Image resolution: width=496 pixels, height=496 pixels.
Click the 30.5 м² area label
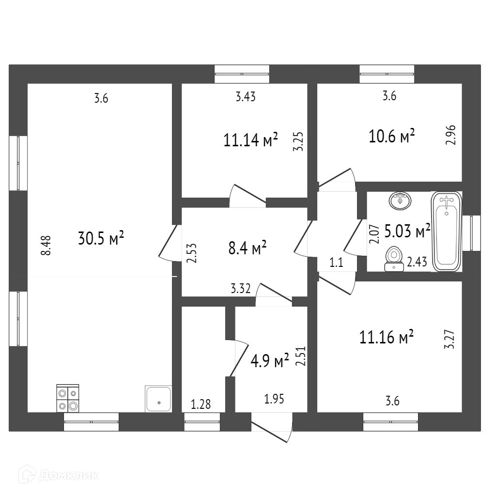[101, 238]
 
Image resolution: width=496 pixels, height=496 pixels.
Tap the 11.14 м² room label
[250, 140]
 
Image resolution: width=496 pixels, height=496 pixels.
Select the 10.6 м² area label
[391, 136]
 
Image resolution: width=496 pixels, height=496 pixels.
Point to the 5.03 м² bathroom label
[407, 231]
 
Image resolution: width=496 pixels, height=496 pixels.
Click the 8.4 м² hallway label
[248, 248]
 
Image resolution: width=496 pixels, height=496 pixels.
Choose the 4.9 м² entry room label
[269, 360]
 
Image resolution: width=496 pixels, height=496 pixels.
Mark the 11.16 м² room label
[386, 337]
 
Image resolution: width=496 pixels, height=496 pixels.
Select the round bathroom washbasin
[400, 201]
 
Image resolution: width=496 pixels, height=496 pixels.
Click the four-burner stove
[68, 398]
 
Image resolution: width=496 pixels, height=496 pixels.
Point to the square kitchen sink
[158, 399]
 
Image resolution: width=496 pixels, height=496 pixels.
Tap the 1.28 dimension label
[201, 404]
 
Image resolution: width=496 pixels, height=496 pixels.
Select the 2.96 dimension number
[451, 135]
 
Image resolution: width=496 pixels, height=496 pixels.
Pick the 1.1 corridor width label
[336, 263]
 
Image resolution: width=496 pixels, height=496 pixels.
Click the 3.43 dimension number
[246, 96]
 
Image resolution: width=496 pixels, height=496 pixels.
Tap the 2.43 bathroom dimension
[417, 262]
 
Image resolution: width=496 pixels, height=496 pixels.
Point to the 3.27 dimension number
[450, 340]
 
